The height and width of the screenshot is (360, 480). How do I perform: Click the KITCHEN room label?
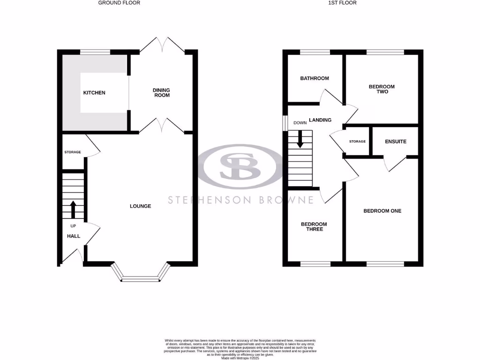point(94,93)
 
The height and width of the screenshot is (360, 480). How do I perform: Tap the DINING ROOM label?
point(161,92)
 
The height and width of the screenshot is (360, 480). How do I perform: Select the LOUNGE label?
point(141,206)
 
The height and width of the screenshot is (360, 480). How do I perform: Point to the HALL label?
point(74,236)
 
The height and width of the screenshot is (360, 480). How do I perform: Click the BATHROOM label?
point(315,78)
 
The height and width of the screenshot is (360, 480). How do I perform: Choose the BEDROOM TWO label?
point(382,89)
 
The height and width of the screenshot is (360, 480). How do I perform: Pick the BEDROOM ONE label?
point(382,211)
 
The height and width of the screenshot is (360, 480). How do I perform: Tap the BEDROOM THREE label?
point(314,226)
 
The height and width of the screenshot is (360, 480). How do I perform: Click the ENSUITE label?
point(396,142)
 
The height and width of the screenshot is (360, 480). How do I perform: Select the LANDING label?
point(320,120)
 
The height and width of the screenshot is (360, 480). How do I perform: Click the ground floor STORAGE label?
point(73,152)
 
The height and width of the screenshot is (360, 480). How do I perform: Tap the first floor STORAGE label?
point(358,142)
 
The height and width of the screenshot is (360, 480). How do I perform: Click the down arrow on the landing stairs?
point(300,136)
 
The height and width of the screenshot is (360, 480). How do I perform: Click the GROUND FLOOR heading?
point(119,3)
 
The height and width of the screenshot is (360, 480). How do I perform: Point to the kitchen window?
point(95,52)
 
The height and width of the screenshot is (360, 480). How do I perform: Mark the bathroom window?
point(315,52)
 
